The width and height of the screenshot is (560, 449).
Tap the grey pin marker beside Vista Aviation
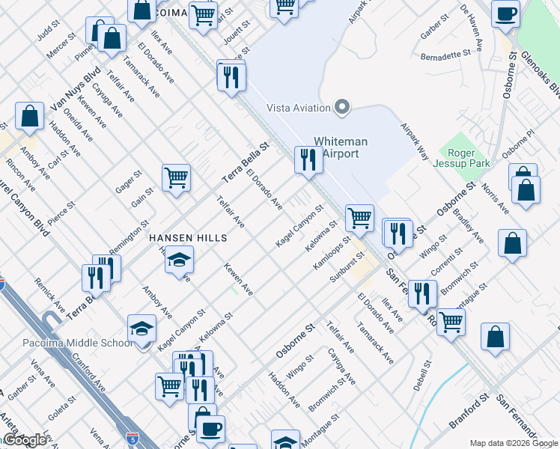(x=343, y=108)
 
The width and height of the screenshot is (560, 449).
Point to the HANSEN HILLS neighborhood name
(x=187, y=237)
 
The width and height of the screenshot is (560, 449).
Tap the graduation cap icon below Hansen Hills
(x=179, y=260)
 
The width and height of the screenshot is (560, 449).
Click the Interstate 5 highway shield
(x=132, y=436)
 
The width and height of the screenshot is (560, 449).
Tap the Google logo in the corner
(x=25, y=440)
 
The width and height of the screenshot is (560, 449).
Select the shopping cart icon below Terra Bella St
(x=176, y=178)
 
